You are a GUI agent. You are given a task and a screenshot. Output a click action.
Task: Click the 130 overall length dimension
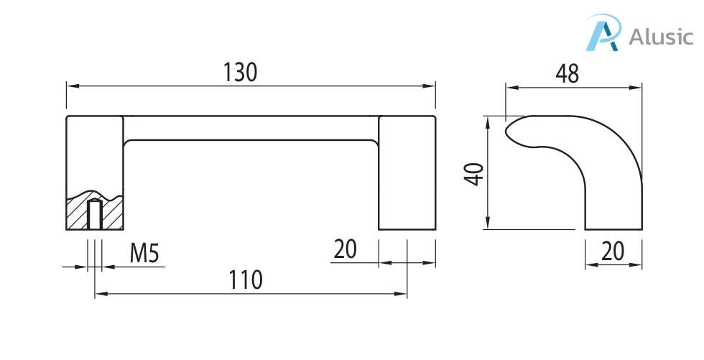(x=240, y=73)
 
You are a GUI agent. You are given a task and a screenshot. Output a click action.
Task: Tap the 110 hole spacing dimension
(x=246, y=280)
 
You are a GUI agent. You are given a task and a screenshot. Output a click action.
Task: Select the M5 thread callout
(x=144, y=253)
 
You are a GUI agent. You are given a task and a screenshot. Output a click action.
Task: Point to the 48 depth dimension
(x=567, y=75)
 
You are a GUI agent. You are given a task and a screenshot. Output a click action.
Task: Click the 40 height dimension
(x=474, y=174)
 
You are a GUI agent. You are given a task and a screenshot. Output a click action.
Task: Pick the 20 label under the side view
(x=612, y=251)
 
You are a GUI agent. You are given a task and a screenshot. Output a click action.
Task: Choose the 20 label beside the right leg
(x=345, y=249)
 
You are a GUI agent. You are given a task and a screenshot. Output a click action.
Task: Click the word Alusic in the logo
(x=661, y=36)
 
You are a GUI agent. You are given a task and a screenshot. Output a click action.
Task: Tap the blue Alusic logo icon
(x=603, y=32)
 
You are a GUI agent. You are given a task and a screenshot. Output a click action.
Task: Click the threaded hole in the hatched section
(x=94, y=215)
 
